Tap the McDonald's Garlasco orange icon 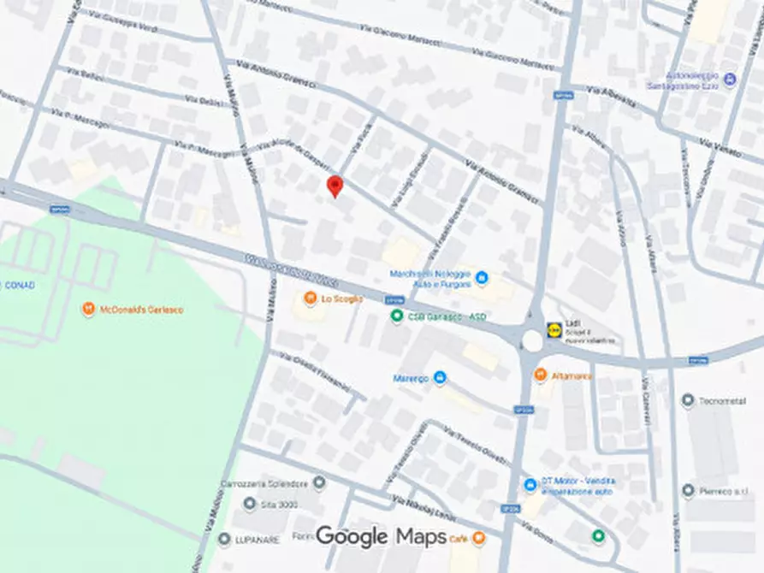click(x=88, y=309)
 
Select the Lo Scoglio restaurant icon click(x=310, y=298)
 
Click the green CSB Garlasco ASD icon click(x=396, y=316)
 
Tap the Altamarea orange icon click(x=540, y=375)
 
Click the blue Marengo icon click(x=440, y=377)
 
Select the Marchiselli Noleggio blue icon click(x=481, y=278)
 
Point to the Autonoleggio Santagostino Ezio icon click(x=730, y=81)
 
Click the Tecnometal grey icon click(x=688, y=400)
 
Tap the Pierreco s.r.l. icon click(x=688, y=491)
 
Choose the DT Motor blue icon click(x=530, y=485)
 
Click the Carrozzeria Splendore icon click(x=319, y=483)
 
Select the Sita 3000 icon click(x=250, y=505)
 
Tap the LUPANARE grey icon click(x=224, y=539)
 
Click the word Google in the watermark click(x=352, y=536)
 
